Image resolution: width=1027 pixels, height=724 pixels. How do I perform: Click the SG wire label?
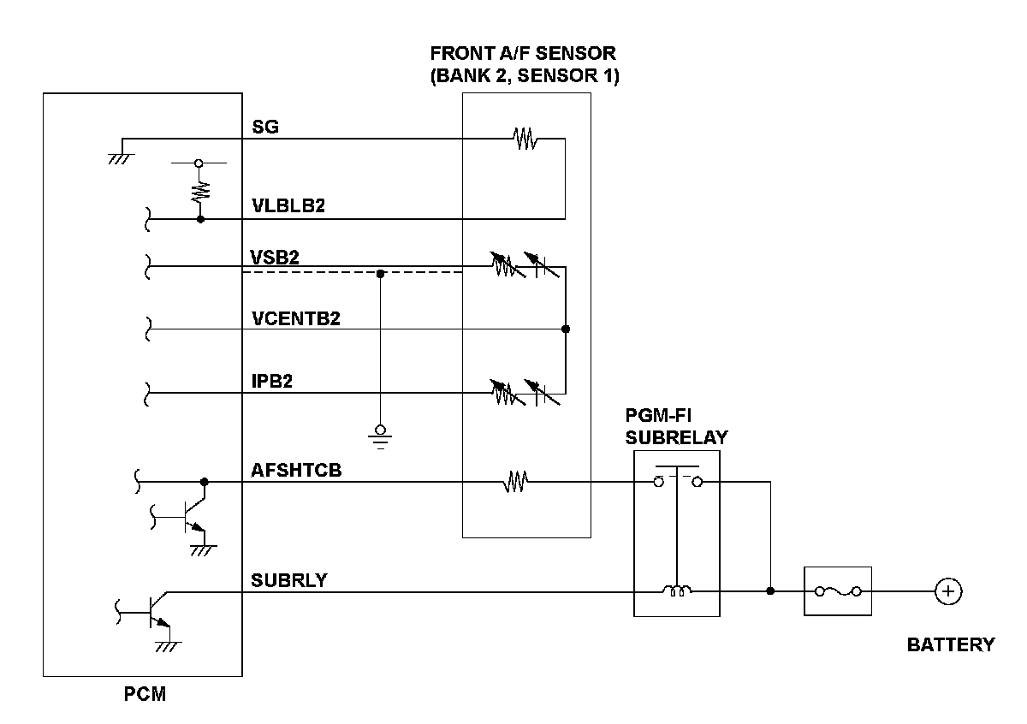point(265,127)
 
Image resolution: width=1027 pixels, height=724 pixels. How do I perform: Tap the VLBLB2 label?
point(288,207)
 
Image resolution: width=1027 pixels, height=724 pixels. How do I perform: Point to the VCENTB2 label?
point(296,318)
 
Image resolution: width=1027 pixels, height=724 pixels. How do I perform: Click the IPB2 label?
point(272,382)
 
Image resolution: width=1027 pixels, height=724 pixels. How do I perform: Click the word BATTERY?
point(951,645)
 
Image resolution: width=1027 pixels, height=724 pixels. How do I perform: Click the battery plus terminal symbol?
point(947,590)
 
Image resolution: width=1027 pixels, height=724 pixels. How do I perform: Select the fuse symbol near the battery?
point(837,590)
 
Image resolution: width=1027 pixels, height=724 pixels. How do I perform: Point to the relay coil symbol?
point(676,590)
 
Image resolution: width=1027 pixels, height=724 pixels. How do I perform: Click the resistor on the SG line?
point(524,138)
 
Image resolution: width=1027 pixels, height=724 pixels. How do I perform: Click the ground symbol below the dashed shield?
point(381,436)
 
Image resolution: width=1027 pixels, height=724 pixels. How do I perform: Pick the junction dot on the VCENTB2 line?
point(565,329)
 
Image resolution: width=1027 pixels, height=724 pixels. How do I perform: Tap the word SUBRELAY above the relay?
point(676,437)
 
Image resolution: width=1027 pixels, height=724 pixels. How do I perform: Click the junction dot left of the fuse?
point(771,590)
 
